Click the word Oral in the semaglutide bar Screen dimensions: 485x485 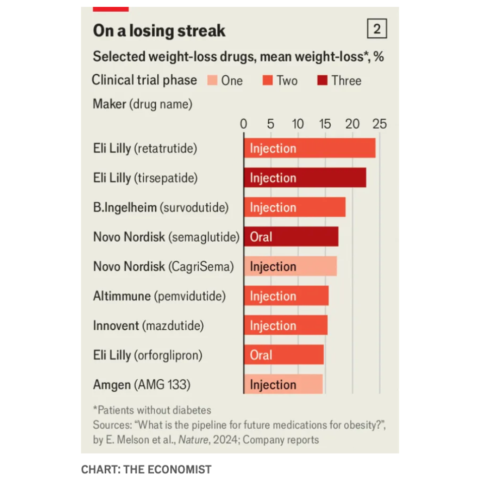(261, 237)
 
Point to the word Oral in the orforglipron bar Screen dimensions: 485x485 (261, 355)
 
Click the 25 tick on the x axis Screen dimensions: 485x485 (380, 124)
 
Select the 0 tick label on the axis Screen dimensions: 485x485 (244, 124)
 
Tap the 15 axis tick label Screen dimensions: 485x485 (325, 124)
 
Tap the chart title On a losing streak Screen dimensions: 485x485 (159, 31)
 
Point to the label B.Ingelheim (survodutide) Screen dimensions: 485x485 (161, 208)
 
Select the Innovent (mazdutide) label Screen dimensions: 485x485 (148, 325)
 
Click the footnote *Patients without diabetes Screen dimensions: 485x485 (152, 410)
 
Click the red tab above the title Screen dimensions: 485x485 (111, 9)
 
